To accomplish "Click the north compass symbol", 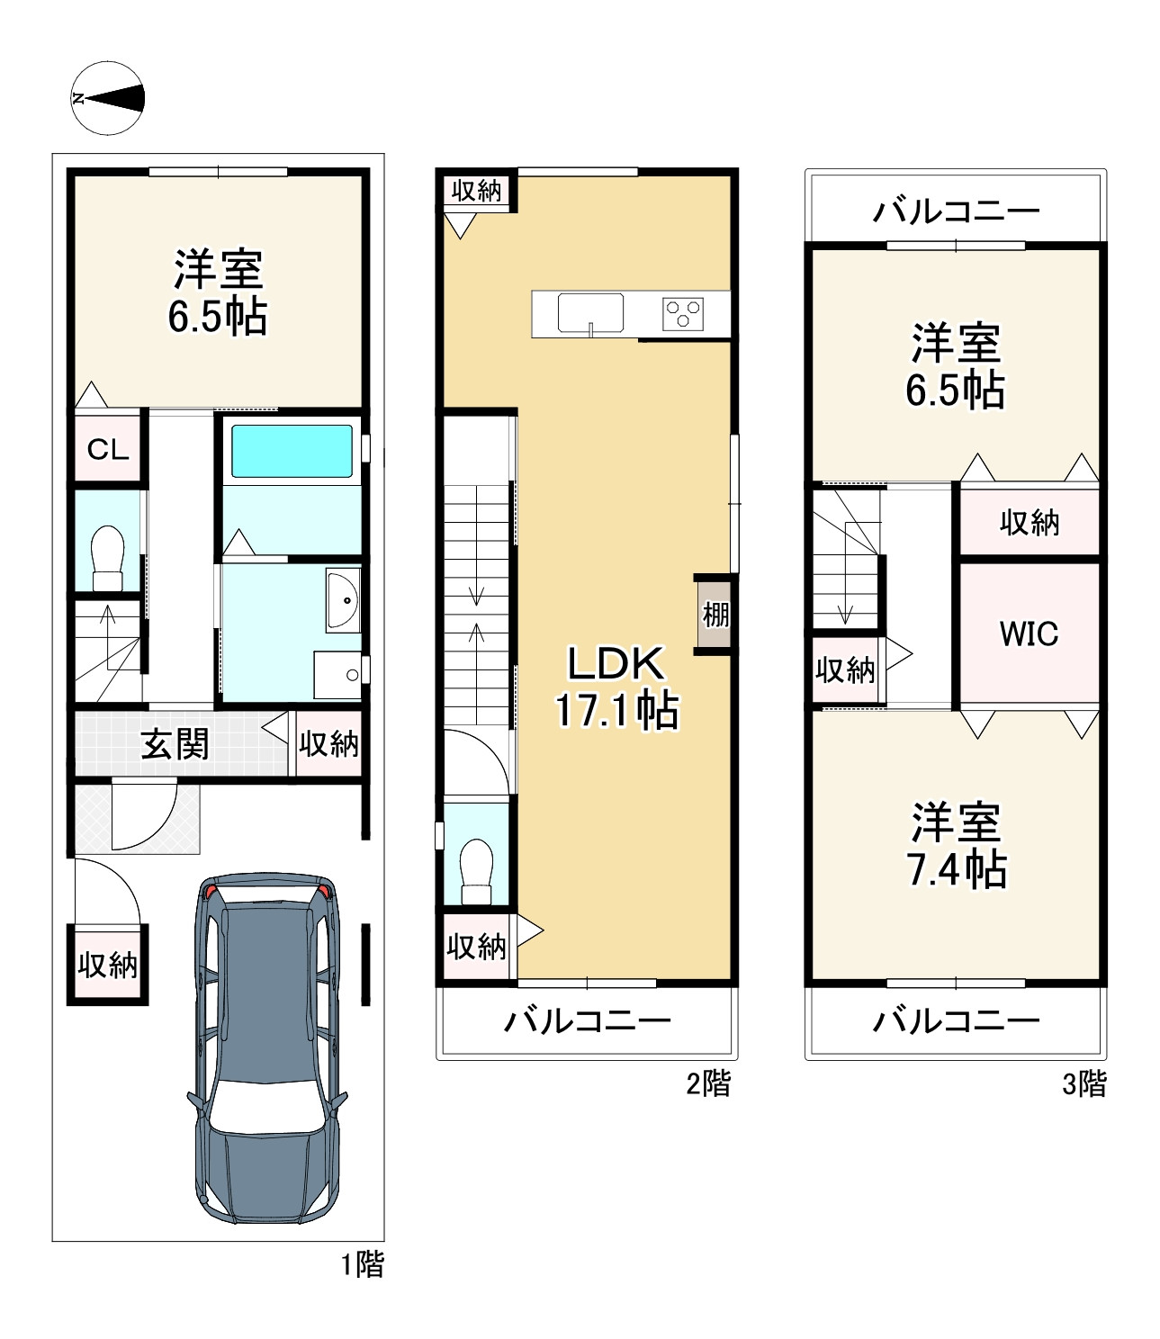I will coord(107,98).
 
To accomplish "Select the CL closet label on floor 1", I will coord(108,449).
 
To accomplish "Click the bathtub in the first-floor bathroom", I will coord(292,451).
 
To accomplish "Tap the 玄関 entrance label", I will coord(175,744).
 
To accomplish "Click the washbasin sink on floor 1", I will coord(343,599).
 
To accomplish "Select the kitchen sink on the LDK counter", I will coord(590,313).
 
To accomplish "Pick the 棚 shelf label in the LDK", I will coord(715,616).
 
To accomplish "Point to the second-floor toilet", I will coord(476,870).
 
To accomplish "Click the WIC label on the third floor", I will coord(1029,634).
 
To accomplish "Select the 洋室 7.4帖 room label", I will coord(956,846).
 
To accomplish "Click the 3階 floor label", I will coord(1084,1083).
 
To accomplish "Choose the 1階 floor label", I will coord(362,1264).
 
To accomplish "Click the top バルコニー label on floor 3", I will coord(956,211).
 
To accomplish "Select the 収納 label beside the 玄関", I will coord(328,744).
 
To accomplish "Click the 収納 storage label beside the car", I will coord(107,965).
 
